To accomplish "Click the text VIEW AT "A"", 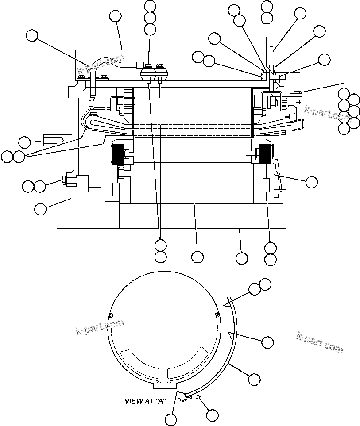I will click(x=145, y=402).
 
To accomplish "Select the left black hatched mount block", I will click(x=119, y=155).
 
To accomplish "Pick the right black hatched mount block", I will click(x=265, y=154).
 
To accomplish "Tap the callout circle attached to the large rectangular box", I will click(x=116, y=16).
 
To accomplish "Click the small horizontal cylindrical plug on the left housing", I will click(x=52, y=141).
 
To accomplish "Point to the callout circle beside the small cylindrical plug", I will click(x=25, y=142).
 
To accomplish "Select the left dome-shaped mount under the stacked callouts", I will click(x=148, y=73).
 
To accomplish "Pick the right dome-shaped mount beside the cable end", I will click(x=161, y=73).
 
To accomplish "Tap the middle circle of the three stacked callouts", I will click(x=150, y=18).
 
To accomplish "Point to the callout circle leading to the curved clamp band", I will click(x=254, y=379).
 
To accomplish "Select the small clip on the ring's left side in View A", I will click(x=111, y=315).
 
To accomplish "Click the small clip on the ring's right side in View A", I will click(x=217, y=315).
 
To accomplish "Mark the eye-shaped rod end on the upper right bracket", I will click(x=296, y=92).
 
